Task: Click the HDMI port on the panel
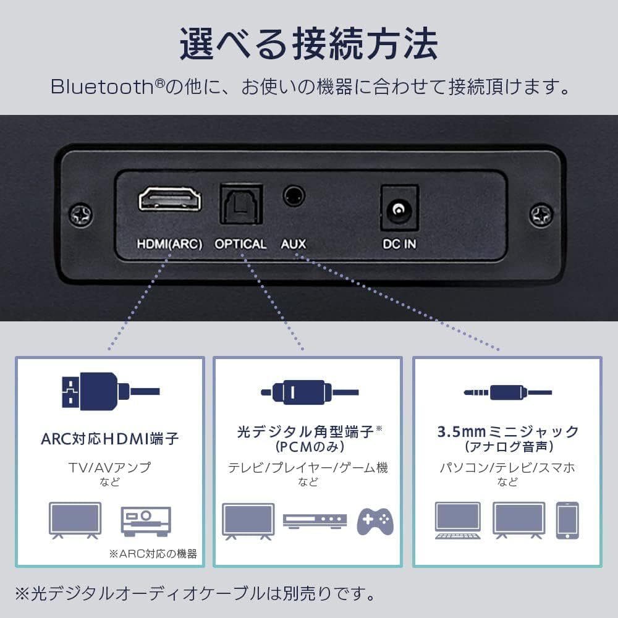(x=169, y=200)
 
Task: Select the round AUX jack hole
(x=294, y=197)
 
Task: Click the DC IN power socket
(x=399, y=209)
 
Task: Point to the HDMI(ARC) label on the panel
(x=169, y=244)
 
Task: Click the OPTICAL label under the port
(x=240, y=244)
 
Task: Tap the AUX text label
(x=294, y=244)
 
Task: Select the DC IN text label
(x=399, y=244)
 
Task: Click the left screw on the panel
(x=81, y=215)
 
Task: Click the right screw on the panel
(x=541, y=215)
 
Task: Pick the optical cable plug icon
(x=307, y=391)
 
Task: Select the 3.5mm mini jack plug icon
(x=507, y=391)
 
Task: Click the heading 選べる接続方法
(x=308, y=43)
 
